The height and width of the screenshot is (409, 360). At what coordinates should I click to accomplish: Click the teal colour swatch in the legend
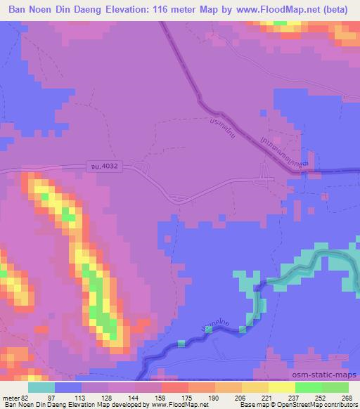tap(41, 387)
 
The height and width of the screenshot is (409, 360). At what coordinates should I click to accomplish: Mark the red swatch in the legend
tap(175, 387)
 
